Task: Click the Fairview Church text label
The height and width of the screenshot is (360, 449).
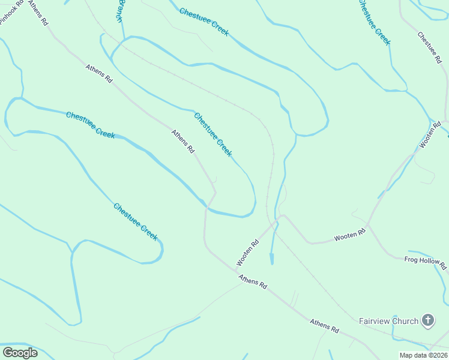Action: coord(388,321)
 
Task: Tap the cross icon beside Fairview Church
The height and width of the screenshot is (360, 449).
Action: coord(427,320)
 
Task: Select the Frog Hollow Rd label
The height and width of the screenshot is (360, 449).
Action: coord(426,262)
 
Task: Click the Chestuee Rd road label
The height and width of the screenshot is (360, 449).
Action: coord(430,47)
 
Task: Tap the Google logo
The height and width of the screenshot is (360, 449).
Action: coord(20,352)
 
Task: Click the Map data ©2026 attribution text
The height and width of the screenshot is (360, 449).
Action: coord(423,355)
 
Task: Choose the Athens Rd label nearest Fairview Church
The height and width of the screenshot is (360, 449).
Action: coord(324,326)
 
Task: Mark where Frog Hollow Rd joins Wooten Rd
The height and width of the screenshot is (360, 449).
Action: coord(367,226)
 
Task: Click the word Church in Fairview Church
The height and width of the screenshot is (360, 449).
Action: coord(405,321)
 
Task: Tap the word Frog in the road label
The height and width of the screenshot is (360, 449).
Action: coord(411,259)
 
